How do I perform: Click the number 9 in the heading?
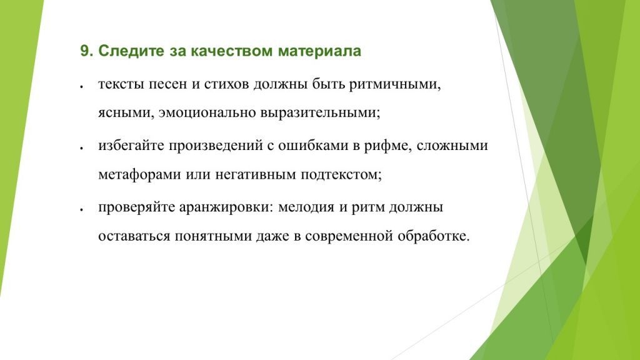[x=84, y=51]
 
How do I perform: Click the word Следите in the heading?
[x=129, y=51]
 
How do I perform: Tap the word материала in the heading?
[x=319, y=51]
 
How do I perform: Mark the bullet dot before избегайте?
[x=82, y=148]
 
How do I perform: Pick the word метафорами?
[x=139, y=176]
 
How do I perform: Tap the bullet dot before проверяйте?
[x=82, y=209]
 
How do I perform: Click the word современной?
[x=349, y=237]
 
